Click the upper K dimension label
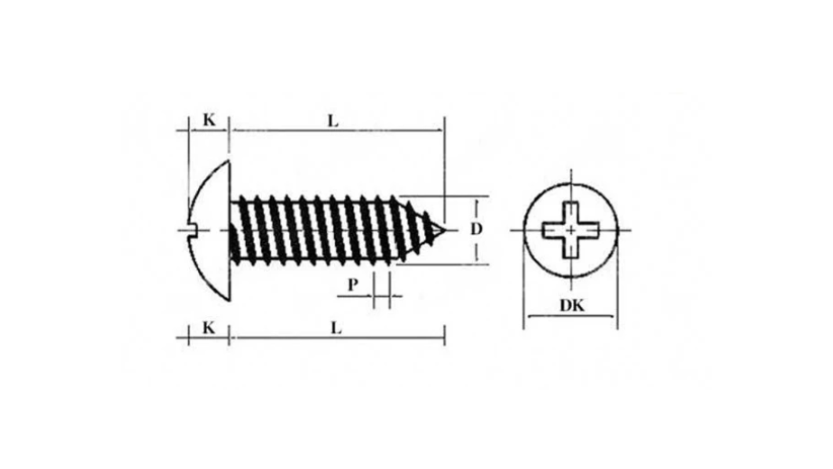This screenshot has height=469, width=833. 209,120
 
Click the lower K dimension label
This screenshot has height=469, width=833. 209,328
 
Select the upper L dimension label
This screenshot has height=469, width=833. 333,121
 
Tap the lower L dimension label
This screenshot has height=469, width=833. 336,328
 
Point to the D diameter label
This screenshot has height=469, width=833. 476,229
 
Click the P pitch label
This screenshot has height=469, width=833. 353,285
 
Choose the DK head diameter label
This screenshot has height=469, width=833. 572,305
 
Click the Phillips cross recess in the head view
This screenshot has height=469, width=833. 571,230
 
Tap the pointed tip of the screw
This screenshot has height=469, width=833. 445,230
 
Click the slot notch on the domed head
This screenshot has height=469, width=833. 193,230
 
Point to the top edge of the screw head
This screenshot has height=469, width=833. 228,161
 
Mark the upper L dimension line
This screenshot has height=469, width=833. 337,130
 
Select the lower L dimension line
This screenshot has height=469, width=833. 337,337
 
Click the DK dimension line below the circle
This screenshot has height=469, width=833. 571,316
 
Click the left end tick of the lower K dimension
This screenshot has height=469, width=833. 189,336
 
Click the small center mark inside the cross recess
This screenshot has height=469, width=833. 571,230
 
